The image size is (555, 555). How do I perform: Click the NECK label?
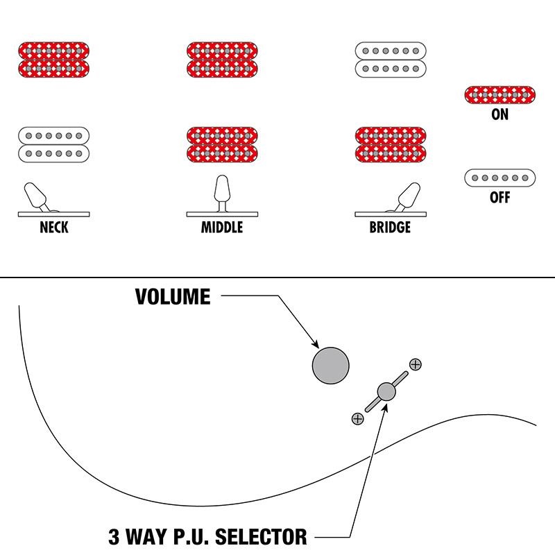pos(54,228)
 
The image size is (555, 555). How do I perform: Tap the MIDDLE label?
pos(222,228)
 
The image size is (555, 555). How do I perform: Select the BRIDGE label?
pos(390,228)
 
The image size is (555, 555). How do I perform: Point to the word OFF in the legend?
pos(499,198)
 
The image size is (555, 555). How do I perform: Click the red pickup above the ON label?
pos(499,95)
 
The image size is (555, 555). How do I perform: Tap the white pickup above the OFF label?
pos(499,178)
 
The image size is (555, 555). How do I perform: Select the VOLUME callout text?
pos(173,298)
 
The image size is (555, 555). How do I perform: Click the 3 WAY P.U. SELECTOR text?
pos(207,536)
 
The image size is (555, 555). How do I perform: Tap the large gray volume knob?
pos(331,365)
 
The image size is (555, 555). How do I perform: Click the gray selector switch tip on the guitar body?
pos(386,392)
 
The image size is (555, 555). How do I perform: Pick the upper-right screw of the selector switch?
pos(415,364)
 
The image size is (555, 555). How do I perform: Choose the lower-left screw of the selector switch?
pos(357,418)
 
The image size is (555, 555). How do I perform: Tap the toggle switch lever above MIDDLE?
pos(222,190)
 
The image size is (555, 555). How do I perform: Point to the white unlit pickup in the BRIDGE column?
pos(390,60)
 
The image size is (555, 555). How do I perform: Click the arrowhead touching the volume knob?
pos(315,345)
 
